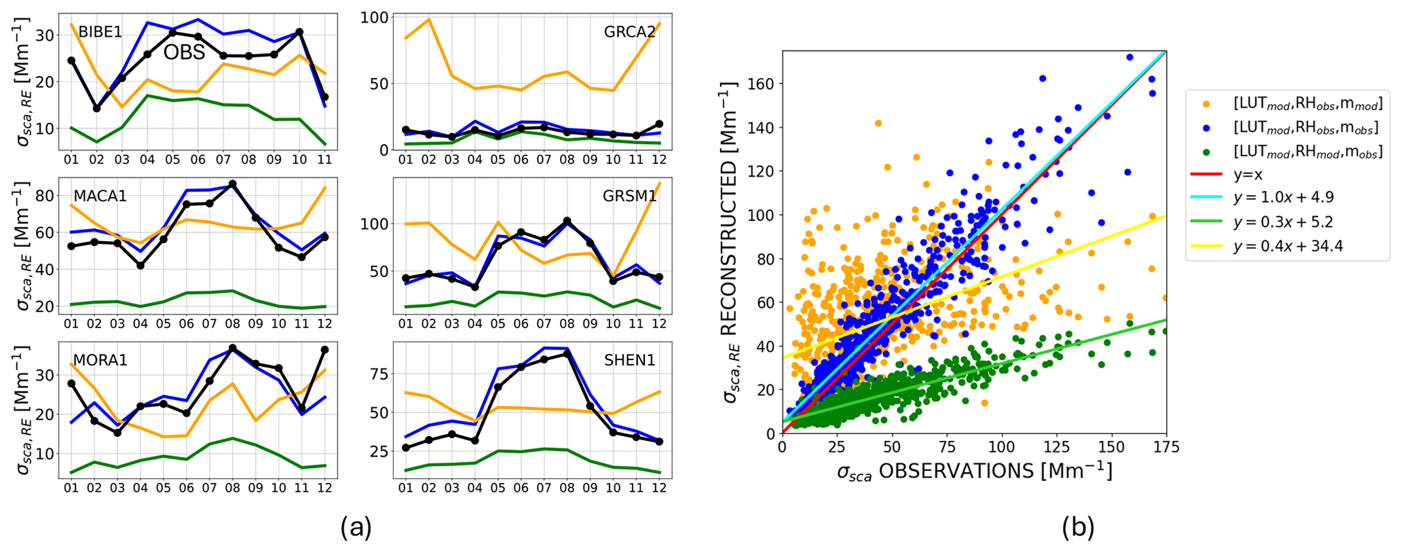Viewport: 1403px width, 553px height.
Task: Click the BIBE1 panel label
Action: [x=100, y=32]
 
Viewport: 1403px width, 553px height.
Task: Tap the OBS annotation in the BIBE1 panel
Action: [x=184, y=52]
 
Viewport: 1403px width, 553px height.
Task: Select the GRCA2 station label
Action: [x=630, y=32]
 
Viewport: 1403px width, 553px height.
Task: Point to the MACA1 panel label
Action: [x=100, y=196]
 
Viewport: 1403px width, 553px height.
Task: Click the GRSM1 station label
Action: [x=629, y=196]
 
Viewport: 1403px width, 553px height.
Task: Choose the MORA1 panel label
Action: [x=100, y=359]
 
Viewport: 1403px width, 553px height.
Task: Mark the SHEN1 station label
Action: [x=630, y=359]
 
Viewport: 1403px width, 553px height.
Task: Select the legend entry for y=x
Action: [x=1248, y=175]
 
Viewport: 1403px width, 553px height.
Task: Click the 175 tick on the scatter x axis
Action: [x=1165, y=447]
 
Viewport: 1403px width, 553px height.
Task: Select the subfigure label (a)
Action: [x=356, y=527]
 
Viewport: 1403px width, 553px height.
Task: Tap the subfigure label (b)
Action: [x=1079, y=527]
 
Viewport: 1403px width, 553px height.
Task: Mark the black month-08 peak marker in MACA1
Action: [x=233, y=184]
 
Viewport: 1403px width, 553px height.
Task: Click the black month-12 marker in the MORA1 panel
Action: [x=324, y=350]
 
